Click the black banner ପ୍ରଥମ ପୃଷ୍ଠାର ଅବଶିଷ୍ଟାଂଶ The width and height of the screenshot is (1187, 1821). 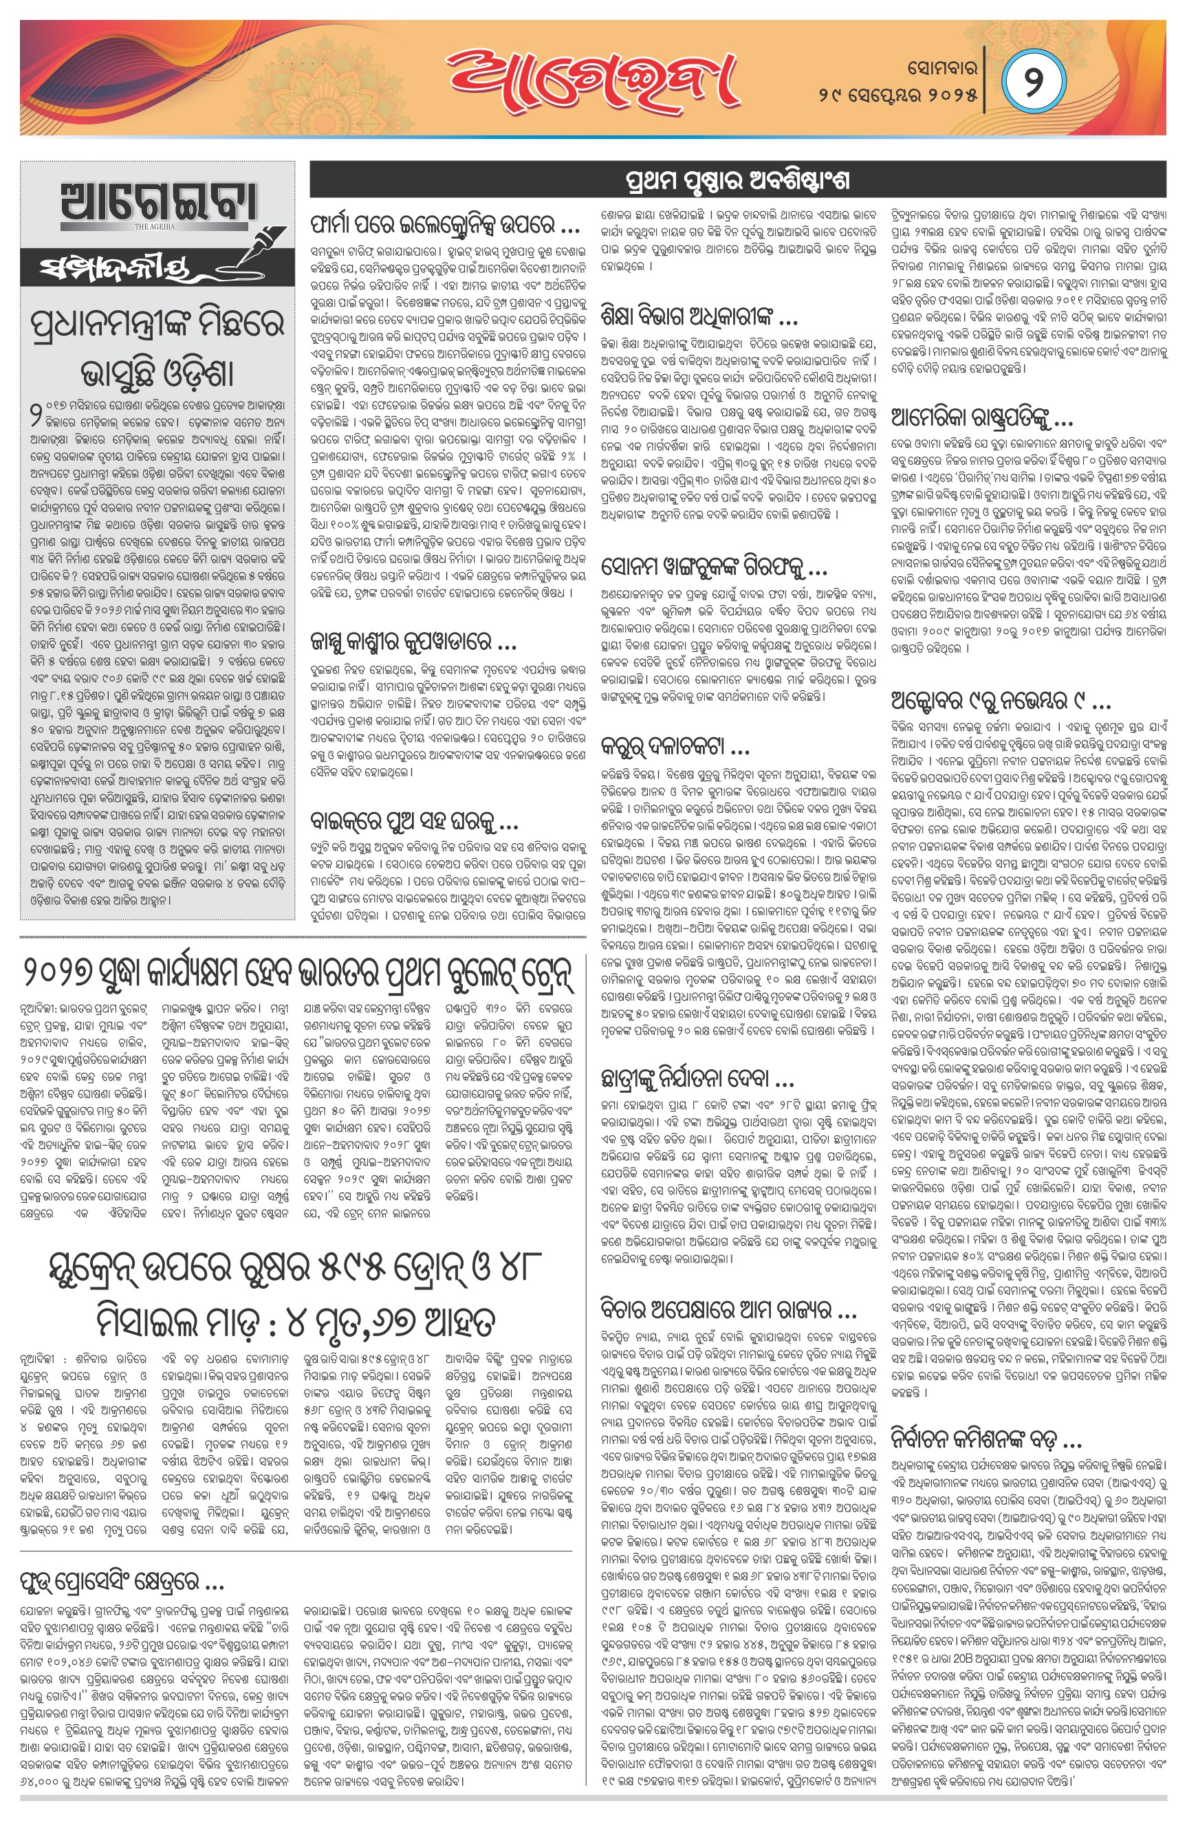(x=737, y=182)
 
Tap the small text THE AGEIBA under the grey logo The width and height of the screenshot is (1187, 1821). (x=155, y=226)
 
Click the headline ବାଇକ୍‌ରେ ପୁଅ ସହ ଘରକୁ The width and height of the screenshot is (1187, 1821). (x=414, y=822)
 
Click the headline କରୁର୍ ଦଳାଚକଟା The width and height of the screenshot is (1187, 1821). (x=675, y=746)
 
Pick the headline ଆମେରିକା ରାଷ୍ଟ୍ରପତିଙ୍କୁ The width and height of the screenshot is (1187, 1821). (x=982, y=417)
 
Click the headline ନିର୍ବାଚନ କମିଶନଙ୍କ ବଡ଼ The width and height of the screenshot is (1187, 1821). (x=985, y=1440)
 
